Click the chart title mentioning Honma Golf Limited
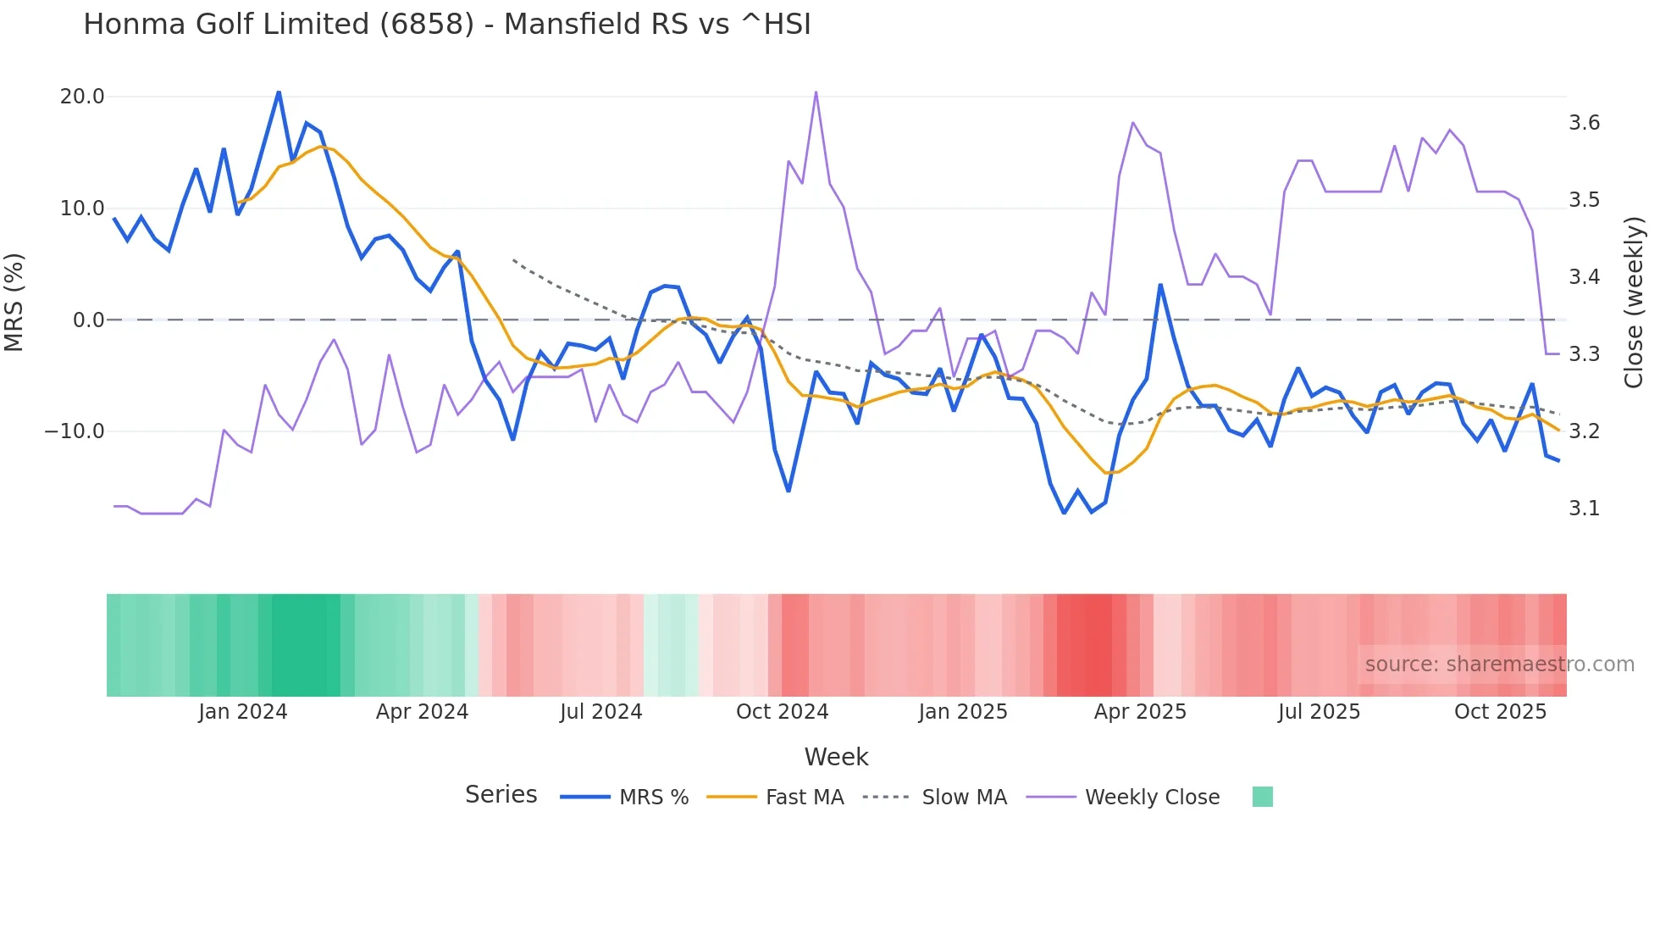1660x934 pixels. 446,25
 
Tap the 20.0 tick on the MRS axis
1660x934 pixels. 82,97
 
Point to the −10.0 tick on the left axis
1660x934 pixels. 75,431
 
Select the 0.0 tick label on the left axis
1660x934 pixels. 88,320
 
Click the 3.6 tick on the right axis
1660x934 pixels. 1584,123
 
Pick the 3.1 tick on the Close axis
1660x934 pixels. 1584,509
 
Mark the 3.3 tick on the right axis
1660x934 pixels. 1584,354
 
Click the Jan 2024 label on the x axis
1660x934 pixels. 242,712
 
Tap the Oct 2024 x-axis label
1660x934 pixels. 782,712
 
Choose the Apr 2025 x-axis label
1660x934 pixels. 1140,712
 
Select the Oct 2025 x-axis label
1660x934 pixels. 1500,712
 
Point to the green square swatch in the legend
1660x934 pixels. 1262,797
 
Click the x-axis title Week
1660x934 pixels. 836,757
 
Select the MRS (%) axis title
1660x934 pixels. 14,302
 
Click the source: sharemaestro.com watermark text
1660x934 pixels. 1499,664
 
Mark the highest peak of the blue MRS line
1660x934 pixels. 279,92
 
